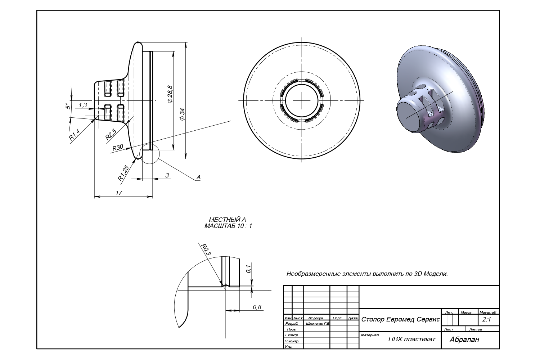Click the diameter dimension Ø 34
coord(182,114)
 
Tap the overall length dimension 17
coord(119,193)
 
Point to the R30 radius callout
coord(118,148)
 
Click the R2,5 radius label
coord(111,134)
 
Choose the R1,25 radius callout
coord(123,173)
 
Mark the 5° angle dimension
coord(67,106)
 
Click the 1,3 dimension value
coord(82,105)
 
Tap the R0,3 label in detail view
coord(206,249)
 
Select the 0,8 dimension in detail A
coord(257,307)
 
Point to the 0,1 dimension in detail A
coord(248,269)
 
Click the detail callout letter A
coord(198,177)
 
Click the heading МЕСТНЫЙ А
coord(228,220)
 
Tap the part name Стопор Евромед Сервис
coord(400,320)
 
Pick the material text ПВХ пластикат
coord(412,339)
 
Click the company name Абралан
coord(464,339)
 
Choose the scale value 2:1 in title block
coord(486,320)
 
